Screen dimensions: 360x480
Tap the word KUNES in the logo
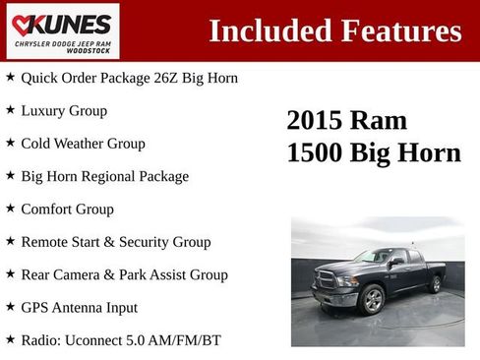pyautogui.click(x=69, y=24)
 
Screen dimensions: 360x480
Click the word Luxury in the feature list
pyautogui.click(x=43, y=110)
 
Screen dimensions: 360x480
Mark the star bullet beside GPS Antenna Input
pyautogui.click(x=10, y=307)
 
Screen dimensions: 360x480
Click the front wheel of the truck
pyautogui.click(x=372, y=300)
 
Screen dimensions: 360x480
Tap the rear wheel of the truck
pyautogui.click(x=436, y=284)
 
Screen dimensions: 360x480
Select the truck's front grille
pyautogui.click(x=326, y=279)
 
